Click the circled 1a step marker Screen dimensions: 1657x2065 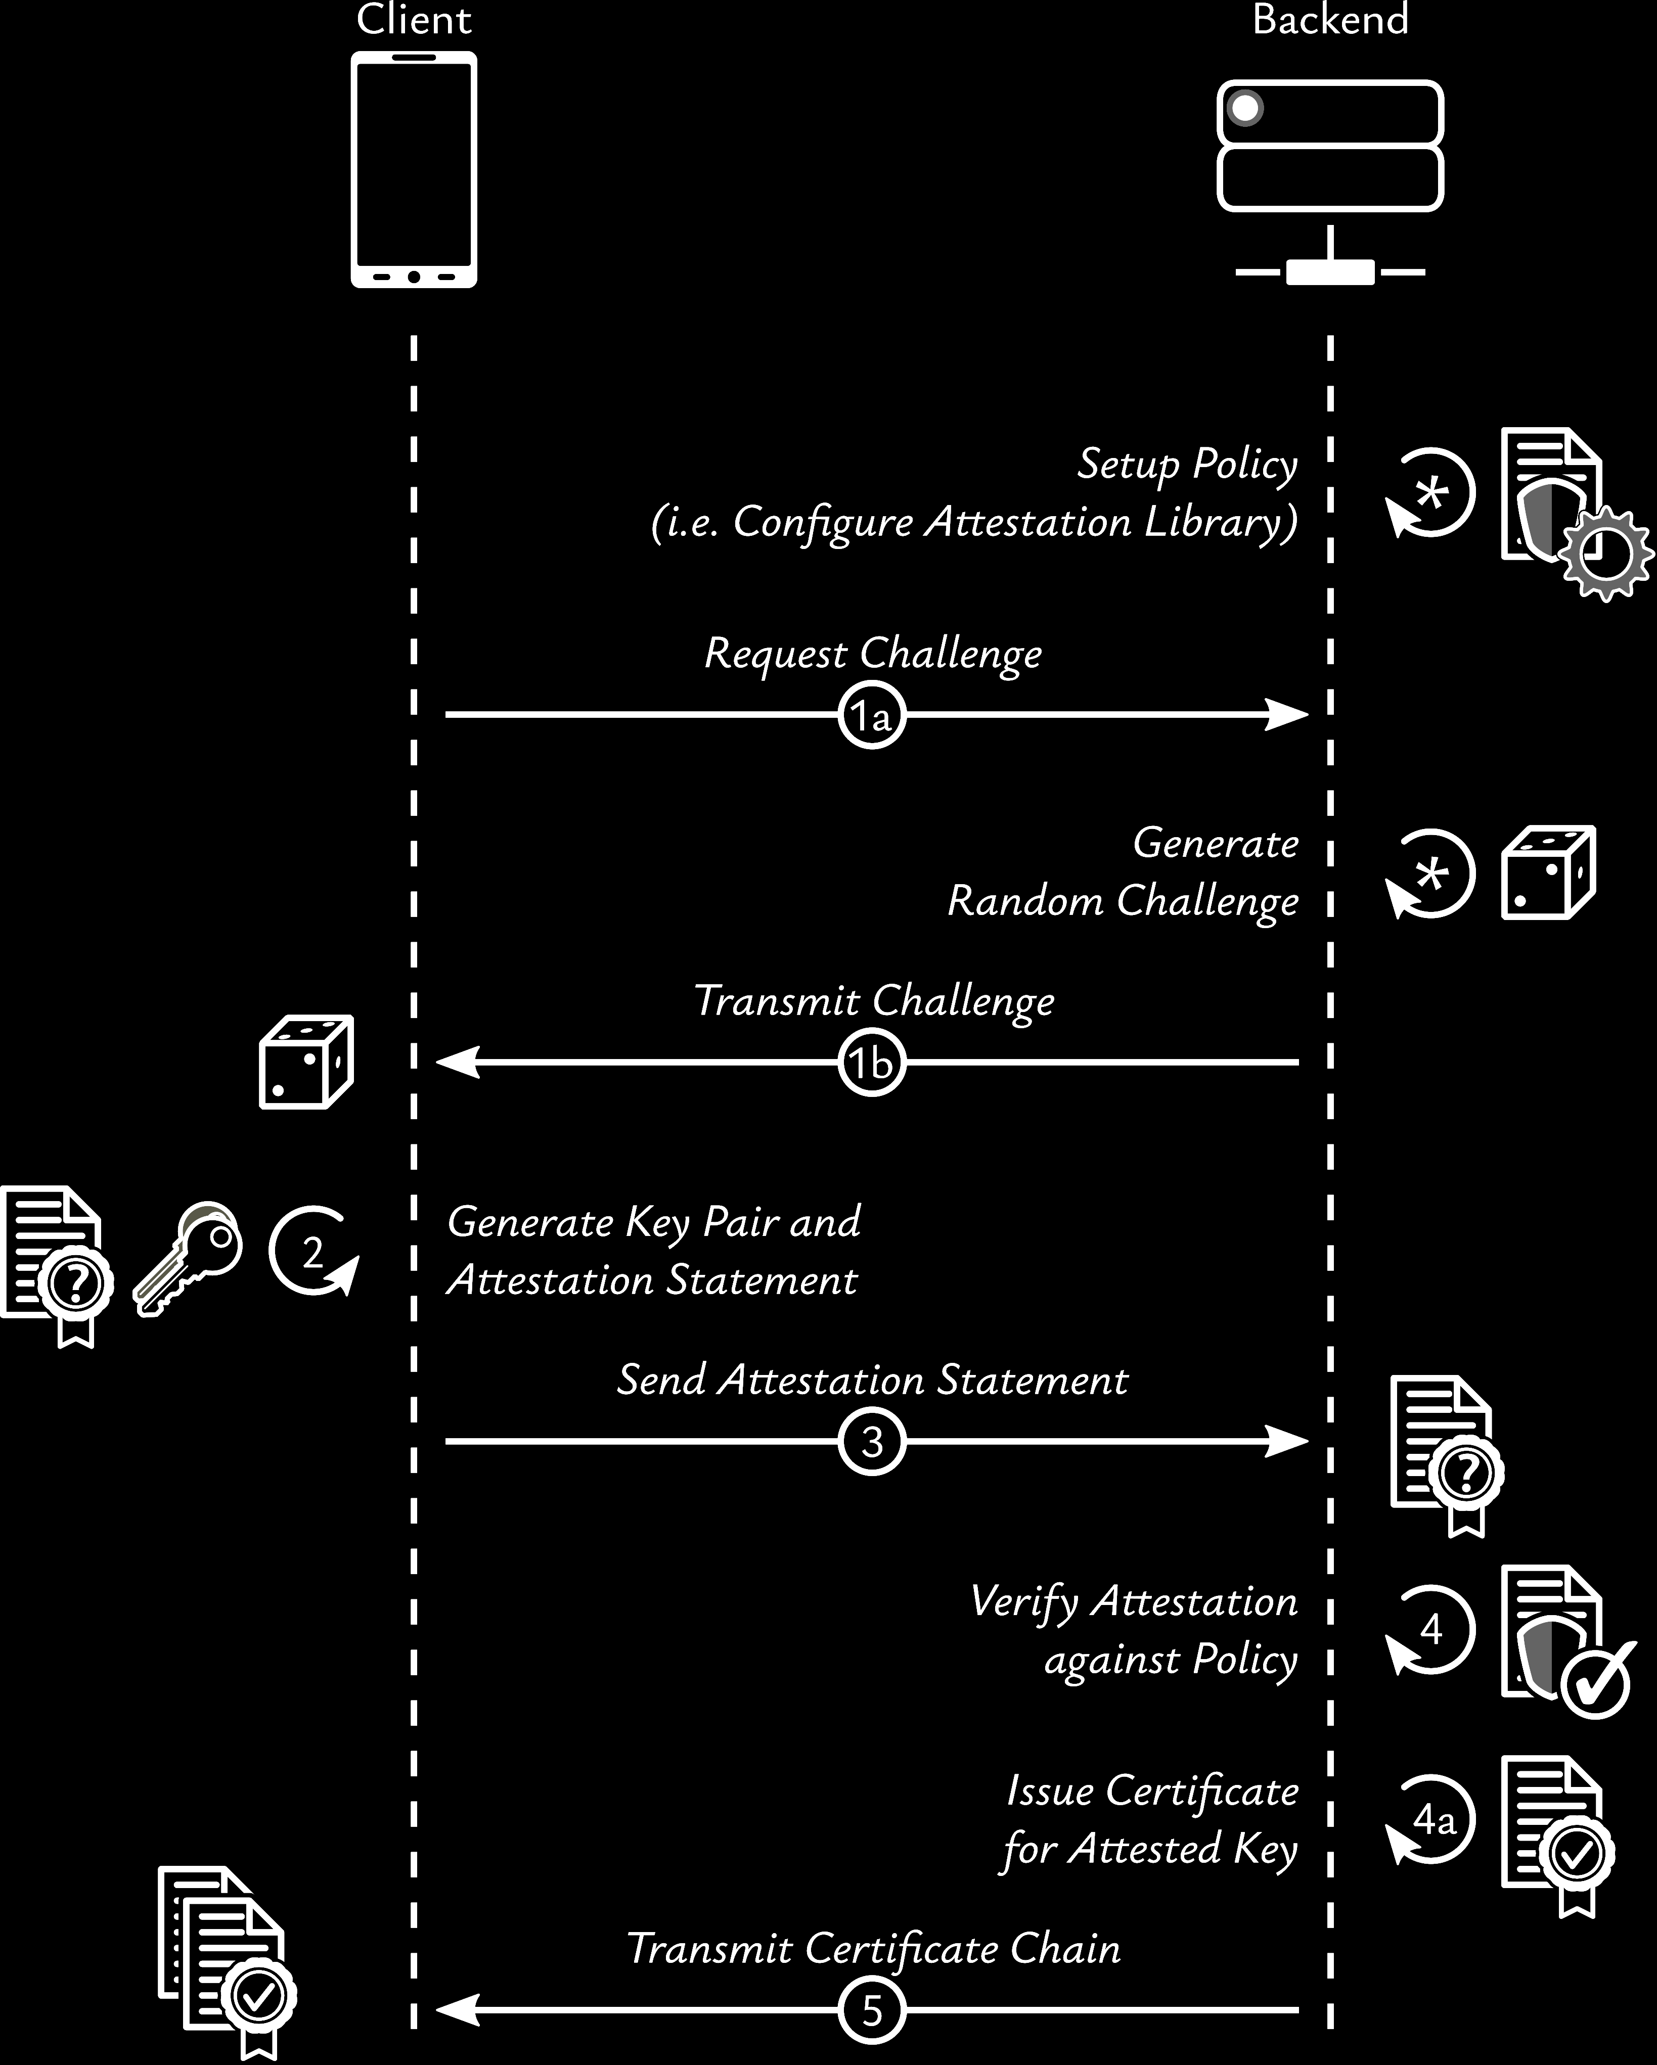(x=872, y=714)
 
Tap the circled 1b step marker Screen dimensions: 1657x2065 (x=872, y=1062)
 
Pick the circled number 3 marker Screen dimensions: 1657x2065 (x=872, y=1442)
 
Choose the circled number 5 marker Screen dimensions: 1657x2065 (x=872, y=2009)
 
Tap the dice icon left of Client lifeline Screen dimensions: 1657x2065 (x=306, y=1062)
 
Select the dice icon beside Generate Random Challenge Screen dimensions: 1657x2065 (x=1548, y=873)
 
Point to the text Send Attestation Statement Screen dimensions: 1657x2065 (x=872, y=1380)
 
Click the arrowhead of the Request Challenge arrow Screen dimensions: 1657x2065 (x=1288, y=714)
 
